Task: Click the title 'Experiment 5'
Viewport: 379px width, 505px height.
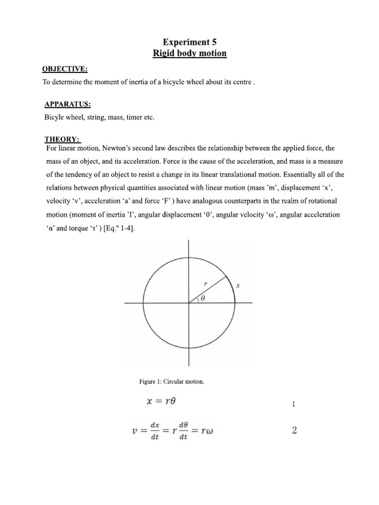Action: pos(190,43)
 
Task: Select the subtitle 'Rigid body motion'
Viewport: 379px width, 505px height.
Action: pos(190,53)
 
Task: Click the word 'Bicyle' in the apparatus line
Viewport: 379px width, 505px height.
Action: pos(55,118)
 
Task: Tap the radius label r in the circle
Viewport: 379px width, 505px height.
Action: pos(206,284)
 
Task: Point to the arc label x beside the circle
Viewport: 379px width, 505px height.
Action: pos(238,286)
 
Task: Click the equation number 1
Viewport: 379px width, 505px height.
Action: pos(294,405)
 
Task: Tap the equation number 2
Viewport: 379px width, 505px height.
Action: pos(295,431)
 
